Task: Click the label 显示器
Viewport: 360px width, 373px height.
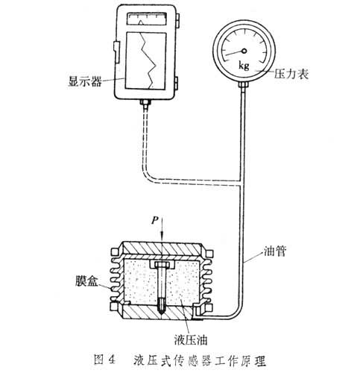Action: (85, 81)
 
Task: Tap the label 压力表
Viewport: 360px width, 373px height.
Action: (291, 74)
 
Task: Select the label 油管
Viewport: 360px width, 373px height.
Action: (275, 251)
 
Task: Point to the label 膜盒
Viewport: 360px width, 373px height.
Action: (86, 280)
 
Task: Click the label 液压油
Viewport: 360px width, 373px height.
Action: (191, 339)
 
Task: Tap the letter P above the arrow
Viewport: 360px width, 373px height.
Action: (155, 220)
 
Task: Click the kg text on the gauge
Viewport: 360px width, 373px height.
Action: (244, 66)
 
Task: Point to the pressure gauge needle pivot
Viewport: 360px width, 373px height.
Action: (244, 51)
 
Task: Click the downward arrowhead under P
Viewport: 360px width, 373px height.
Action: (162, 236)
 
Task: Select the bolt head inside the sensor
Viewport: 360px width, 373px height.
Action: (162, 264)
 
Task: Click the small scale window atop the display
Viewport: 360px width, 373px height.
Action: (147, 19)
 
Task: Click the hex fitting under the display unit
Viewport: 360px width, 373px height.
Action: (145, 102)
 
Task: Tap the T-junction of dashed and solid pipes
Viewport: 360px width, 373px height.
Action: (241, 183)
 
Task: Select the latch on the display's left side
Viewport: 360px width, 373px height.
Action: (116, 52)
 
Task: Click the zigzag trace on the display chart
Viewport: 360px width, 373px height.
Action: (148, 60)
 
